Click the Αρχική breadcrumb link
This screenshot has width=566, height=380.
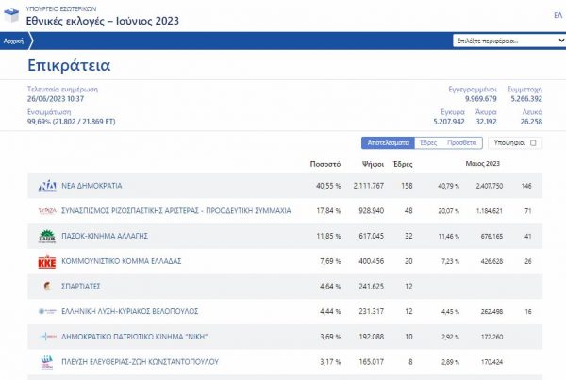tap(13, 41)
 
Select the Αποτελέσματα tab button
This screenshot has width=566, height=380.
tap(388, 142)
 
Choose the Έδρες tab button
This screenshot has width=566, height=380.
tap(428, 142)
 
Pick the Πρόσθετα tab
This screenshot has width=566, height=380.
tap(461, 142)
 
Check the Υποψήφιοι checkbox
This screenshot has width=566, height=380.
tap(533, 142)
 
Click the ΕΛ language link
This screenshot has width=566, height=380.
tap(558, 15)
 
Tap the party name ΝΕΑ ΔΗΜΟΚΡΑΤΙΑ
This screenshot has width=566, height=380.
tap(92, 186)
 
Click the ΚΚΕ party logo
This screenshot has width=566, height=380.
tap(46, 261)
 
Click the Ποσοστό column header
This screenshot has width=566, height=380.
tap(325, 163)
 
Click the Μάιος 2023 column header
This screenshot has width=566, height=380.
tap(482, 163)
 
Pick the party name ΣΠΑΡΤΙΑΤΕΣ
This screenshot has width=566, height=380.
tap(82, 286)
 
